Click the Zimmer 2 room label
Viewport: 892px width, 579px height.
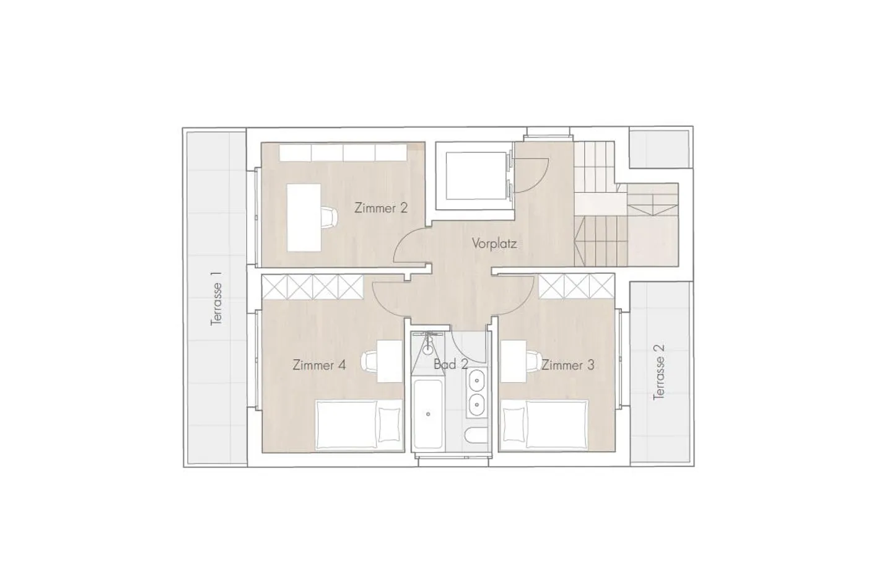(x=381, y=208)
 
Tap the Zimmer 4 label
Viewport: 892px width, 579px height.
(x=319, y=365)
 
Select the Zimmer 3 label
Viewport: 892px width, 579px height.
(x=568, y=365)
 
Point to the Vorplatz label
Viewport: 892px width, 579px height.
(x=494, y=243)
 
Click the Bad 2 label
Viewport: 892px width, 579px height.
(x=450, y=364)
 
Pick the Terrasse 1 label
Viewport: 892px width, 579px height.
(x=216, y=298)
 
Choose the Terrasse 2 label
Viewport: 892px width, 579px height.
(x=659, y=372)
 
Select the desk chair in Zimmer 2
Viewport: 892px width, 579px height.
(x=329, y=217)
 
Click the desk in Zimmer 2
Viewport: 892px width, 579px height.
(x=304, y=217)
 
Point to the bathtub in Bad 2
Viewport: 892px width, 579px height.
(x=427, y=415)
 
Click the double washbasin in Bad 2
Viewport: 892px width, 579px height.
(x=476, y=391)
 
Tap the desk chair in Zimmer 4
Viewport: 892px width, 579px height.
(x=370, y=360)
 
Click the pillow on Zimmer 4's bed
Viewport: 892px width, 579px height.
(x=390, y=424)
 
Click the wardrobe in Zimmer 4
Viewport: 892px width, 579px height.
(x=312, y=287)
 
